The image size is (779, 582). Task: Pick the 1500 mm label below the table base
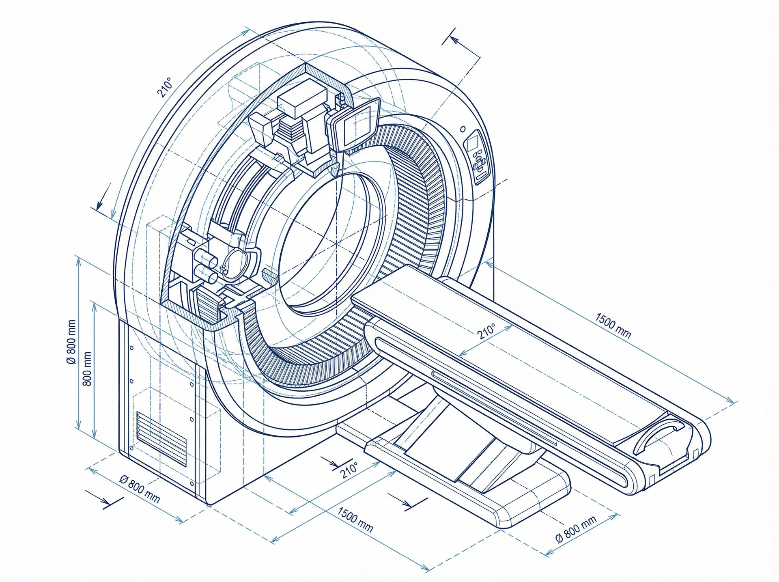pyautogui.click(x=355, y=520)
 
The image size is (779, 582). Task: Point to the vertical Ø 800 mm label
pyautogui.click(x=71, y=342)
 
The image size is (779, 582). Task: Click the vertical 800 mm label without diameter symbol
pyautogui.click(x=87, y=369)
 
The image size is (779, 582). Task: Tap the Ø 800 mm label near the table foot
pyautogui.click(x=576, y=529)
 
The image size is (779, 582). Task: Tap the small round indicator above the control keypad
pyautogui.click(x=463, y=129)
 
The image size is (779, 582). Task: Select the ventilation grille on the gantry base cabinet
pyautogui.click(x=161, y=439)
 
